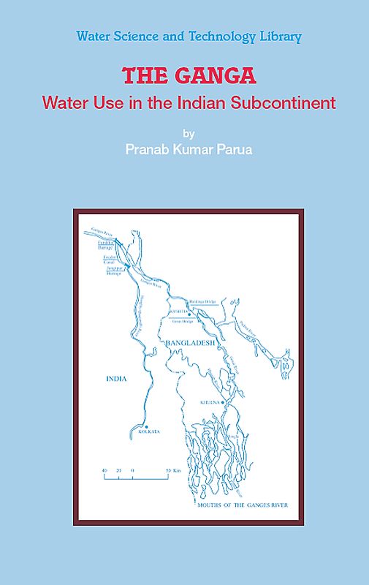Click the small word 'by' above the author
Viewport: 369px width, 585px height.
[x=189, y=134]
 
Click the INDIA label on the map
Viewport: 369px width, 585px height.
[x=116, y=378]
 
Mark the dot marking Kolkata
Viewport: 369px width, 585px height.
[x=146, y=426]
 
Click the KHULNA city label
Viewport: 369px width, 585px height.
[x=210, y=403]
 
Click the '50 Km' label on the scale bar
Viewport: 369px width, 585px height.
[x=172, y=469]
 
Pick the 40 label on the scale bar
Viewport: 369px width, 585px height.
[x=105, y=469]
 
